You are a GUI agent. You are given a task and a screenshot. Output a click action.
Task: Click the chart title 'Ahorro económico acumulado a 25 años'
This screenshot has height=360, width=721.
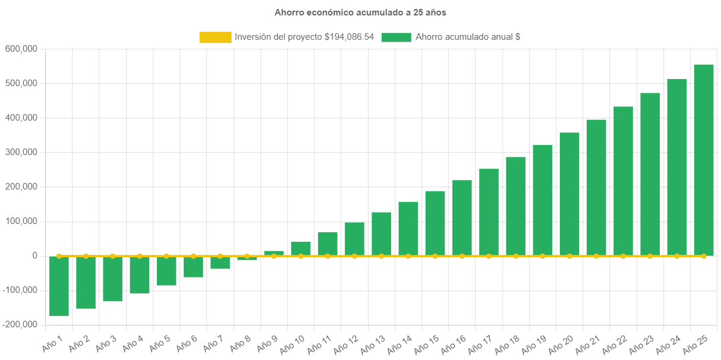tap(360, 12)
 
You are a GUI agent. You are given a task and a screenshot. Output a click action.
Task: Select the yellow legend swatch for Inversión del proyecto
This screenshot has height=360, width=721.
tap(215, 37)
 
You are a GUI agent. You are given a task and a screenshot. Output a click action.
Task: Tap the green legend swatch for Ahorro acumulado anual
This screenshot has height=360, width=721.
tap(396, 37)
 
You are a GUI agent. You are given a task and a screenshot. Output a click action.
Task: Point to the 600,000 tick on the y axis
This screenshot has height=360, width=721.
tap(21, 49)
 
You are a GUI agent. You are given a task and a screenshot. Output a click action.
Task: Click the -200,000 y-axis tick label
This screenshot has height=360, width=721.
tap(20, 324)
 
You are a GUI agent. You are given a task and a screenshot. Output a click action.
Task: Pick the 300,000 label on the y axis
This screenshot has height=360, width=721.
tap(21, 152)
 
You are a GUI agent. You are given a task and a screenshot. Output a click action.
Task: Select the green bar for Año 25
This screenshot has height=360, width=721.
tap(703, 160)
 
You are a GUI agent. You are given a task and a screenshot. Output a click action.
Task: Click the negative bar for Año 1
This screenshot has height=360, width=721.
tap(59, 286)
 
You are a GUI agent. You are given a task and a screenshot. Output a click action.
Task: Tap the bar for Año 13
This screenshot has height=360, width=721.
tap(381, 233)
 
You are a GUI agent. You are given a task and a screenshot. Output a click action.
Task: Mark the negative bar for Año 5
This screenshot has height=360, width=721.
tap(166, 271)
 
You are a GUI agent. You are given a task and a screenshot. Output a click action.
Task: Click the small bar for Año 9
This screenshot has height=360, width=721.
tap(273, 253)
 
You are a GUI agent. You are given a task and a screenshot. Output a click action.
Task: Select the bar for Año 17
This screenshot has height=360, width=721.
tap(489, 212)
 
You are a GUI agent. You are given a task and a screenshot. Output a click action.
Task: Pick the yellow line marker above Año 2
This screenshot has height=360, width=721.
tap(86, 255)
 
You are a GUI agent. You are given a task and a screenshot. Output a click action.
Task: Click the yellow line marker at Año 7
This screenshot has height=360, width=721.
tap(220, 255)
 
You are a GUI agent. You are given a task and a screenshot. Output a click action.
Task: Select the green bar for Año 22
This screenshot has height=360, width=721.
tap(623, 181)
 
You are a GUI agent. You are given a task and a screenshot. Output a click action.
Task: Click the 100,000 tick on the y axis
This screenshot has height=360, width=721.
tap(21, 221)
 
